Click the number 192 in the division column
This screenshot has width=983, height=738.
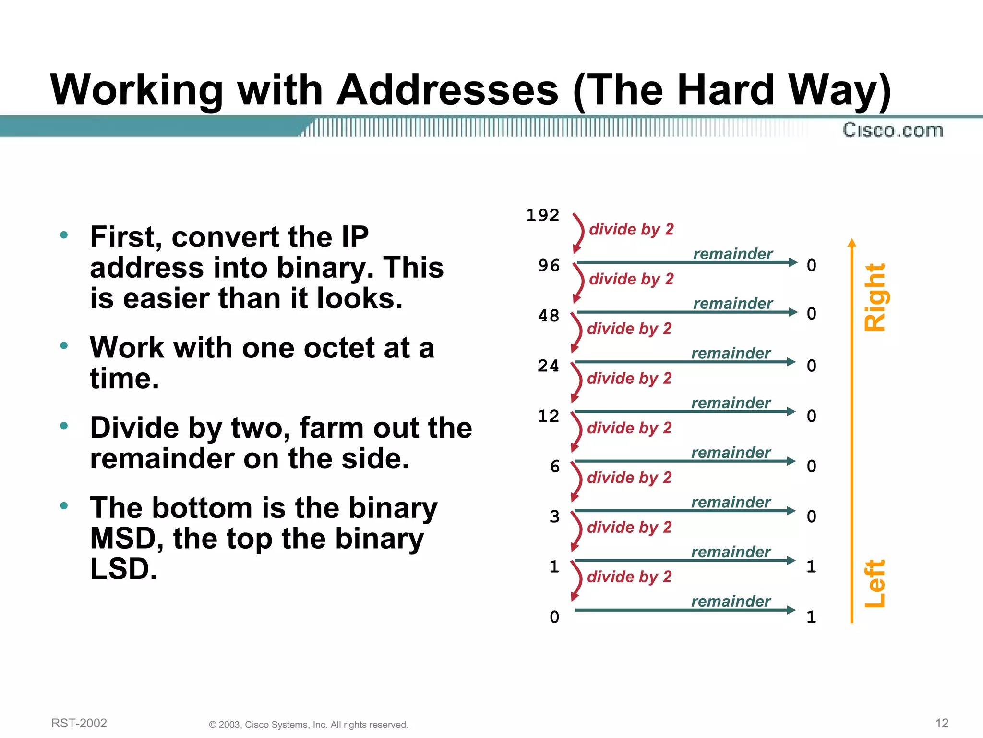coord(542,215)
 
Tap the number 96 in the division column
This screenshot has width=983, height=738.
coord(549,265)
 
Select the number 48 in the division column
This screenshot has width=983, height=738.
coord(549,316)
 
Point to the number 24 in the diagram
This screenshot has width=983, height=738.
coord(549,366)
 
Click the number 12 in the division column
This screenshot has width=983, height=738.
coord(549,416)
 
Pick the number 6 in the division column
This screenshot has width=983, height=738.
coord(555,466)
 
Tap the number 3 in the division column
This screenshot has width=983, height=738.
coord(555,517)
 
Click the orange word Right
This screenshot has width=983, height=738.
coord(875,297)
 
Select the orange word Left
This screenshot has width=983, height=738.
coord(875,583)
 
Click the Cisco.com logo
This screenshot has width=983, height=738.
coord(893,130)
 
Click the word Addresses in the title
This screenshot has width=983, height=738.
coord(447,90)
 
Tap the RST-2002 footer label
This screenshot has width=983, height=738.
coord(79,723)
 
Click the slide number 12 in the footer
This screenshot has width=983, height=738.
coord(942,723)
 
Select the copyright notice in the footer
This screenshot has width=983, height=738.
coord(309,725)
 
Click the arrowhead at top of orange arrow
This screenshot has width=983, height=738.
coord(852,242)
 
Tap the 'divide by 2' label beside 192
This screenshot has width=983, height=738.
coord(631,229)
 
